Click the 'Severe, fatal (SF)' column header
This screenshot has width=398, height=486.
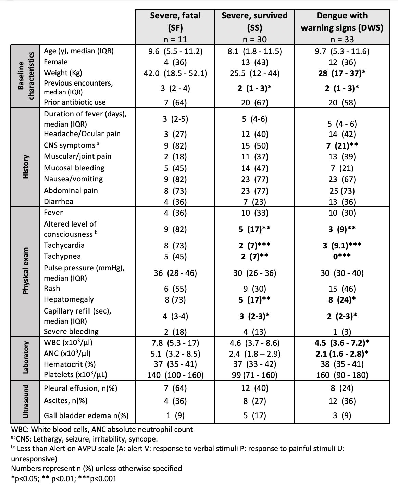click(175, 21)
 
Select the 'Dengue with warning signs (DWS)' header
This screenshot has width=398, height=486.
click(342, 21)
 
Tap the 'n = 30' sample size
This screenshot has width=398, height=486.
click(254, 39)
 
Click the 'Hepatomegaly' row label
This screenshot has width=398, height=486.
click(69, 299)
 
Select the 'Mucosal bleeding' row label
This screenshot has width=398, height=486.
click(74, 168)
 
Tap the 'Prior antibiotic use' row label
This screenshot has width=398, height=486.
click(75, 102)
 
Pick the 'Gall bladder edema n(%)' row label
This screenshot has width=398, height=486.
click(86, 416)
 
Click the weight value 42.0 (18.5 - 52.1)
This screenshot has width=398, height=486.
click(175, 73)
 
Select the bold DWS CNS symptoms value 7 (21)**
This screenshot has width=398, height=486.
click(342, 146)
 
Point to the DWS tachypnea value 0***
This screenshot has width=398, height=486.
click(342, 256)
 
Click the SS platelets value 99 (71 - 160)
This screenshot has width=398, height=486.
click(254, 375)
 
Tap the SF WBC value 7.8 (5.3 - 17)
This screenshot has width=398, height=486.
click(175, 343)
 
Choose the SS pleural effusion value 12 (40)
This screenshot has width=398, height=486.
click(254, 388)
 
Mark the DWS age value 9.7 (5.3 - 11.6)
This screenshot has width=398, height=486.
click(342, 51)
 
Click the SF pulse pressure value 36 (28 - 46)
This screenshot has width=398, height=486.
click(175, 273)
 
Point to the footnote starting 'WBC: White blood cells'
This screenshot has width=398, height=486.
click(102, 429)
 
